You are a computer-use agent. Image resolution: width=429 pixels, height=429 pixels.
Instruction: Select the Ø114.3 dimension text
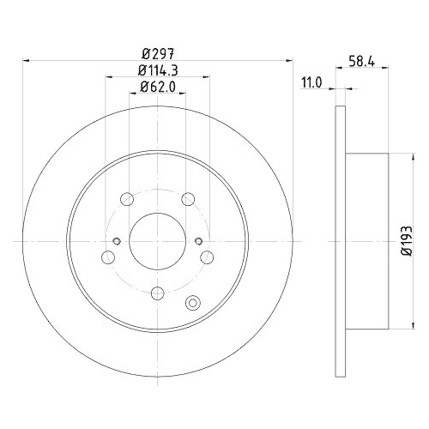[155, 70]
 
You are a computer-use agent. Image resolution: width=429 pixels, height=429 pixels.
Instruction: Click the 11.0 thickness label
[311, 83]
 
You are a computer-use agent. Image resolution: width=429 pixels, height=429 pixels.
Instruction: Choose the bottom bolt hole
[156, 293]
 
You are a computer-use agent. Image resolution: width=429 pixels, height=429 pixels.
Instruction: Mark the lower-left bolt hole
[107, 257]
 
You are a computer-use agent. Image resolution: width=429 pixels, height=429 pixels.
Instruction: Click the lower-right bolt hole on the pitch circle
[206, 257]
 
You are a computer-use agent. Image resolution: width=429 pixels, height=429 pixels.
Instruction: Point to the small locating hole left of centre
[116, 240]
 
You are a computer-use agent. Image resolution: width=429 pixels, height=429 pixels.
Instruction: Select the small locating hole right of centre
[197, 240]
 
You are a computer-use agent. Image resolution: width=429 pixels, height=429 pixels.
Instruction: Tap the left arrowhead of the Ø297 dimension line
[27, 61]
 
